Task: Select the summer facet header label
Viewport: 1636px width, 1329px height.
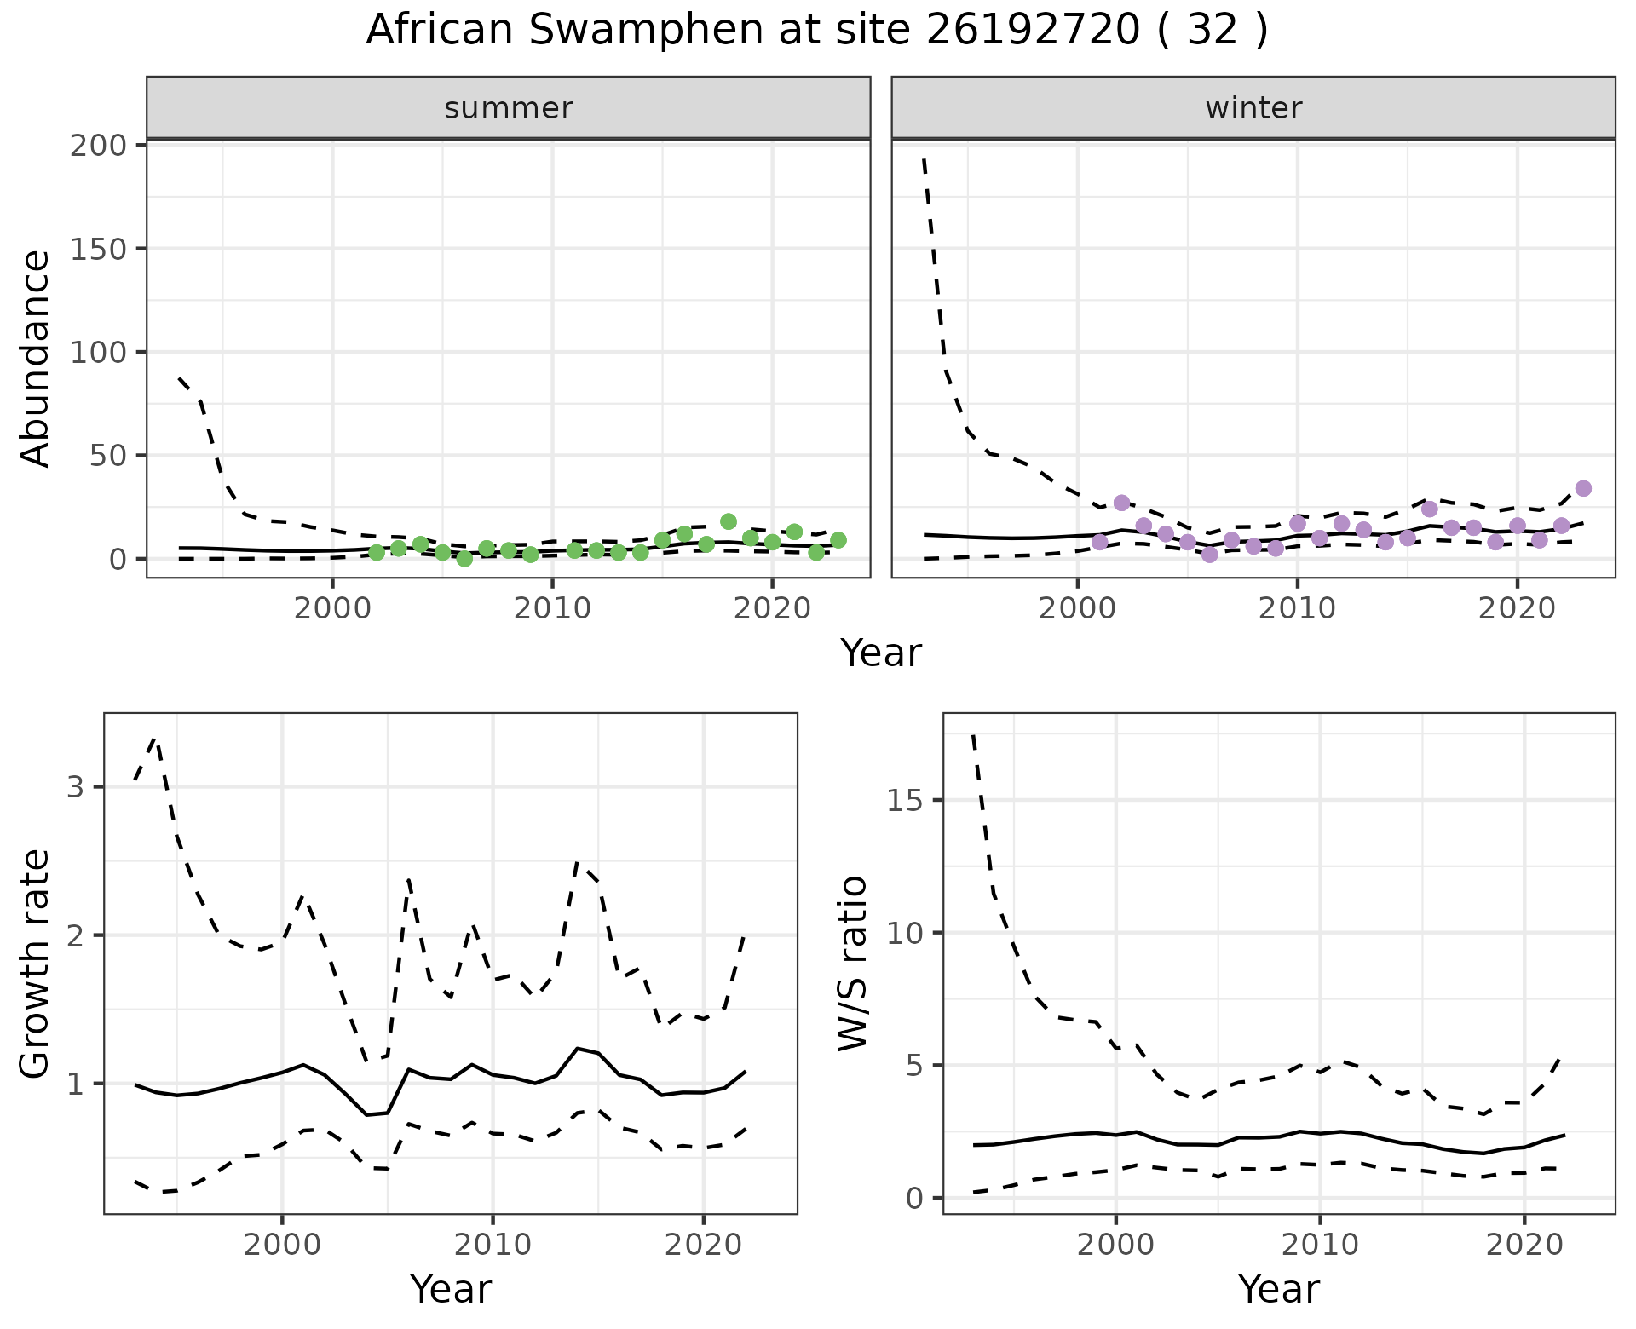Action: tap(509, 108)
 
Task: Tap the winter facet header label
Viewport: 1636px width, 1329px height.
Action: tap(1253, 108)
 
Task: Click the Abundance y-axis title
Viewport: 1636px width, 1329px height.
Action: tap(36, 358)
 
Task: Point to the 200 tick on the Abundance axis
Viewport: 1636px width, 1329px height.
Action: tap(98, 146)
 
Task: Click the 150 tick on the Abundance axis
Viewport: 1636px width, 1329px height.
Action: tap(98, 249)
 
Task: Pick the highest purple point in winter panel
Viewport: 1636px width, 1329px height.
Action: tap(1583, 488)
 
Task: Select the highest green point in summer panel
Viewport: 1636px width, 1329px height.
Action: tap(729, 521)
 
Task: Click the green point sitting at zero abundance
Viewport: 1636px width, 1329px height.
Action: tap(464, 559)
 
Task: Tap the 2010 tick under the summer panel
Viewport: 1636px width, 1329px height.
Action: tap(552, 610)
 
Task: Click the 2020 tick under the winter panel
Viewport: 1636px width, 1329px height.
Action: tap(1517, 610)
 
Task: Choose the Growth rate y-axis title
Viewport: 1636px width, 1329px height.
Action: tap(36, 964)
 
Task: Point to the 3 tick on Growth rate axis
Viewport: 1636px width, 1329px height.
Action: tap(76, 787)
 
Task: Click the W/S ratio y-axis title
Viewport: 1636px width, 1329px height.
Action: tap(852, 964)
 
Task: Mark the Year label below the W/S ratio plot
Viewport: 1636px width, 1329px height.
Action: tap(1278, 1290)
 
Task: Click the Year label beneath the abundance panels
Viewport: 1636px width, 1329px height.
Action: tap(881, 653)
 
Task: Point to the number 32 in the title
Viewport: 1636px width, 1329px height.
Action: tap(1212, 31)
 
